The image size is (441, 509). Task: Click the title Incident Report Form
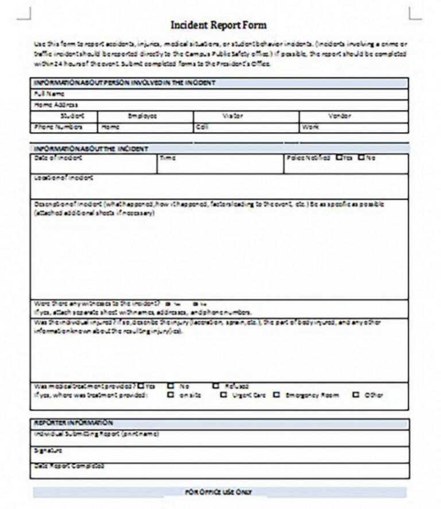[219, 25]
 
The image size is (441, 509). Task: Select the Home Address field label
[56, 105]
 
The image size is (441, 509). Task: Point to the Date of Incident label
[58, 157]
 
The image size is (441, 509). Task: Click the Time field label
[168, 157]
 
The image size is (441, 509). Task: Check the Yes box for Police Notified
[339, 157]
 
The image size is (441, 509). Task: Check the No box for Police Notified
[361, 157]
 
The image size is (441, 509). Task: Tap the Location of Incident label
[64, 178]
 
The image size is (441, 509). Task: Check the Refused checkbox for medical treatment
[216, 386]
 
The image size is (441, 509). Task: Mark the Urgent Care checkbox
[223, 395]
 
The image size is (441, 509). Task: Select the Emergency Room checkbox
[276, 395]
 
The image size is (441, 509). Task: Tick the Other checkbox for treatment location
[355, 395]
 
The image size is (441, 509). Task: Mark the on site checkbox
[171, 395]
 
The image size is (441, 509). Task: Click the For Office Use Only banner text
[218, 492]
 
